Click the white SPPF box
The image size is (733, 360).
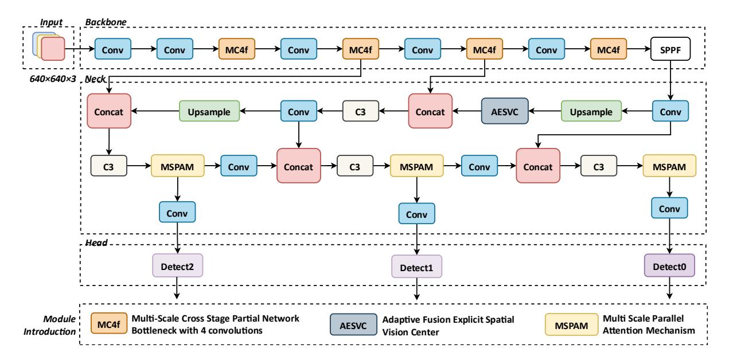(x=670, y=49)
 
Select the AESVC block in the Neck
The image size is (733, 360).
(x=505, y=111)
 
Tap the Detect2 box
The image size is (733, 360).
(x=177, y=265)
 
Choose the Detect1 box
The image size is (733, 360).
(x=416, y=267)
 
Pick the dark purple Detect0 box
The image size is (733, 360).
(x=669, y=265)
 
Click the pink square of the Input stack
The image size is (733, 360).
(x=53, y=49)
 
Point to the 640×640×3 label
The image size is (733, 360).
(x=53, y=79)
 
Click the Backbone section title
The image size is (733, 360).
(x=106, y=22)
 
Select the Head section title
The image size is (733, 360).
(x=96, y=242)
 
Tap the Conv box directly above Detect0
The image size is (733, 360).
(x=669, y=208)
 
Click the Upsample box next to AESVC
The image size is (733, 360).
(x=591, y=111)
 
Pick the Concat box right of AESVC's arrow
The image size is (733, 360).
(x=430, y=111)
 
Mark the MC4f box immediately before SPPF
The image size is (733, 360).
(x=609, y=49)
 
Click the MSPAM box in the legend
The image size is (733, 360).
(x=571, y=324)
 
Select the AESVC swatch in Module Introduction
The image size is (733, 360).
(x=353, y=324)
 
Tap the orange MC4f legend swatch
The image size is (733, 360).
(x=109, y=323)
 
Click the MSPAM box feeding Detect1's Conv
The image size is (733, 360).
(x=416, y=166)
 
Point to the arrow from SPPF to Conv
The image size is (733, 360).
(x=670, y=80)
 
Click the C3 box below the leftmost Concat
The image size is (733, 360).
(x=108, y=166)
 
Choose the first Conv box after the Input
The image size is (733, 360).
(x=113, y=49)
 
